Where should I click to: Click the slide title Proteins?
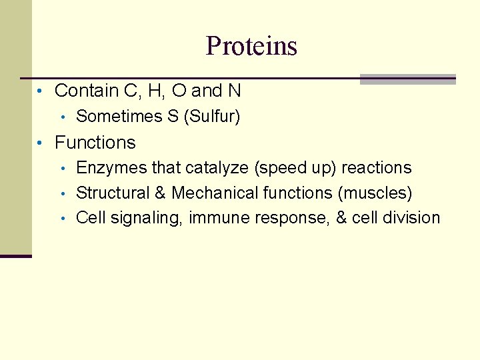click(251, 46)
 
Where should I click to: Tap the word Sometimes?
click(119, 117)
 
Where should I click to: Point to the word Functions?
click(95, 143)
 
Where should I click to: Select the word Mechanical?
click(215, 193)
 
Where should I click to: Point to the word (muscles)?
click(375, 193)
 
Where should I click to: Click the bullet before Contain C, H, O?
click(41, 91)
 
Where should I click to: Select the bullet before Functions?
click(41, 143)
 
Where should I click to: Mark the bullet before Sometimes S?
click(63, 118)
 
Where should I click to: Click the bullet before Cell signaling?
click(63, 219)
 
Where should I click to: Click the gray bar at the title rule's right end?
click(407, 79)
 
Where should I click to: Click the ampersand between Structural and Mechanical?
click(160, 193)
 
